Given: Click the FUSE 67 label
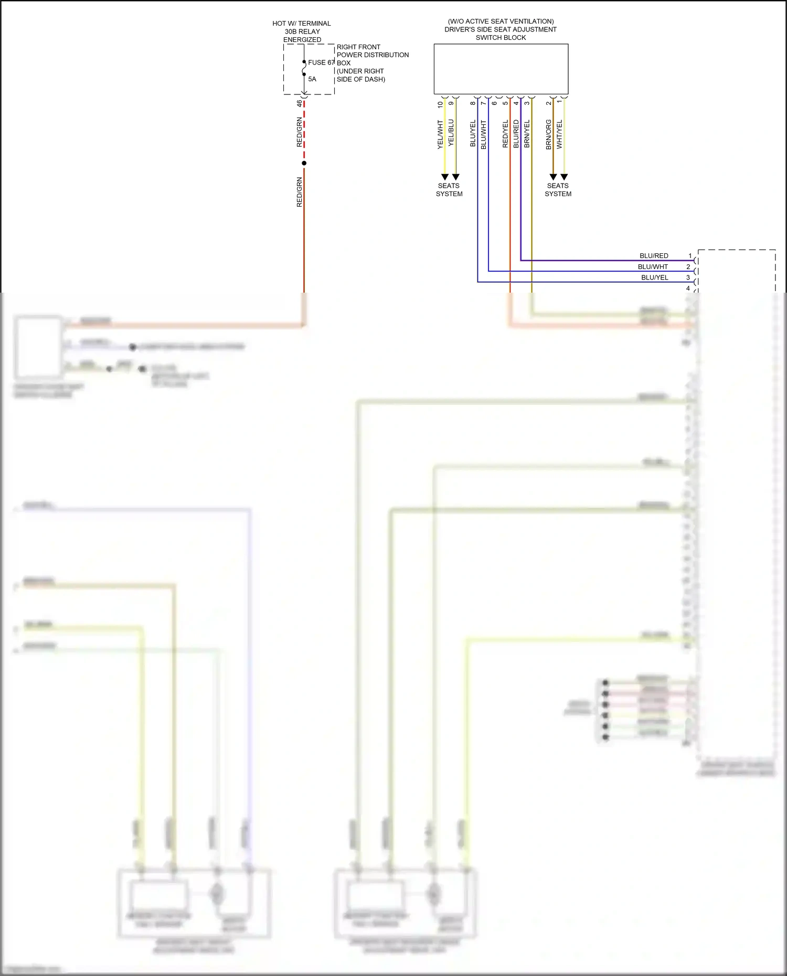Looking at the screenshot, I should point(321,62).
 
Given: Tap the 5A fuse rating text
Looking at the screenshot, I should point(312,79).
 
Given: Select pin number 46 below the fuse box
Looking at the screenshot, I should point(300,103).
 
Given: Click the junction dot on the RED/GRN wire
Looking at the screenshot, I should point(304,163).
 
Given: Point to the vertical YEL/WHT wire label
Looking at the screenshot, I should point(440,135).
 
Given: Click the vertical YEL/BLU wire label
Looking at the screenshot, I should point(451,133).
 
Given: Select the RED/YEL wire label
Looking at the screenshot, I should point(505,134).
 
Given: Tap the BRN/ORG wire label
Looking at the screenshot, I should point(549,135).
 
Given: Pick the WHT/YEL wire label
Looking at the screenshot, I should point(559,134).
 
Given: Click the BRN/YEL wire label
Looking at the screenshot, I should point(527,134).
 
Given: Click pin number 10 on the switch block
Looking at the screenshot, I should point(440,104).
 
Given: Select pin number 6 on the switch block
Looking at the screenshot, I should point(494,103).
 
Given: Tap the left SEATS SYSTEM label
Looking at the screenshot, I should point(449,190).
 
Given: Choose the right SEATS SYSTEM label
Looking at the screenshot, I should point(558,190).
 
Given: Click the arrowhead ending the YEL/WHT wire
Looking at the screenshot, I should point(445,177).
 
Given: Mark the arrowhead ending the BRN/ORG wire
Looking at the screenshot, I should point(553,177).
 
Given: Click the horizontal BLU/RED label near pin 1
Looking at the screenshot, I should point(654,256).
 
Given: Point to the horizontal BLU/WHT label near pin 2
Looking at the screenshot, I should point(653,267).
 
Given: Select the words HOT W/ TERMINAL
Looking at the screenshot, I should point(302,24).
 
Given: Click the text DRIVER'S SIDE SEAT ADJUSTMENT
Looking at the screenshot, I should point(501,29).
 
